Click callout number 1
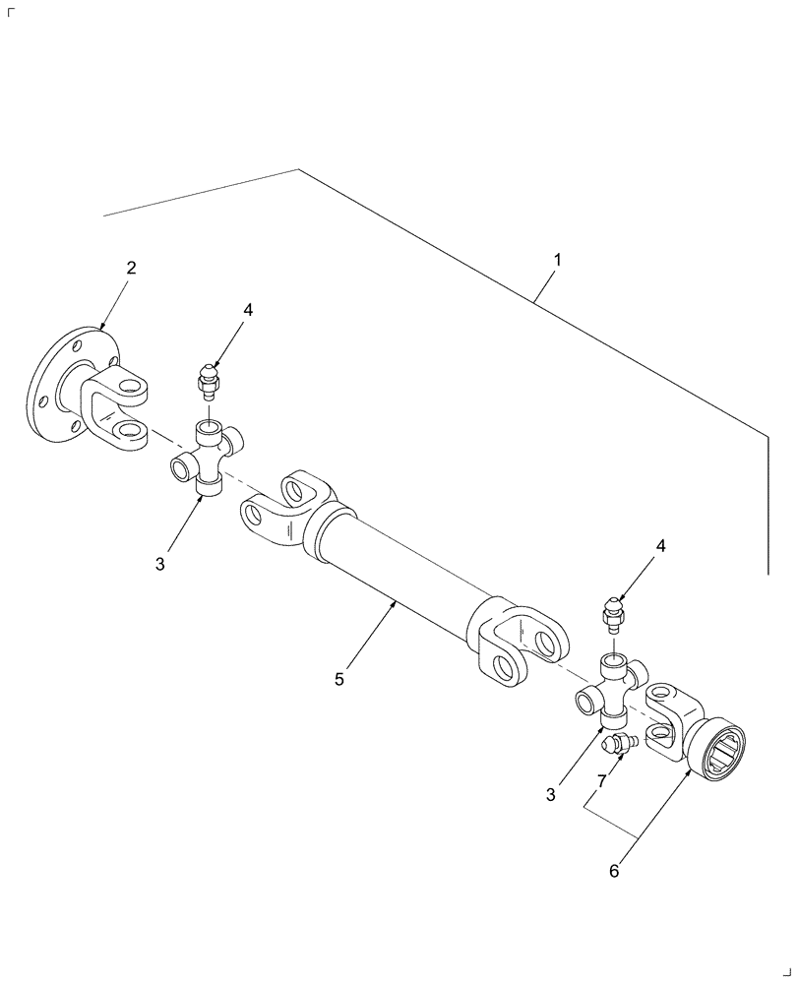tap(557, 261)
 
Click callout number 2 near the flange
tap(131, 268)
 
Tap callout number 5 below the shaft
tap(339, 678)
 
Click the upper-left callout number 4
tap(248, 310)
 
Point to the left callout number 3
tap(159, 564)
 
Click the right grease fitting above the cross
tap(611, 614)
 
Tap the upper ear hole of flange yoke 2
tap(129, 383)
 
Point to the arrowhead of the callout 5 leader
tap(395, 603)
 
